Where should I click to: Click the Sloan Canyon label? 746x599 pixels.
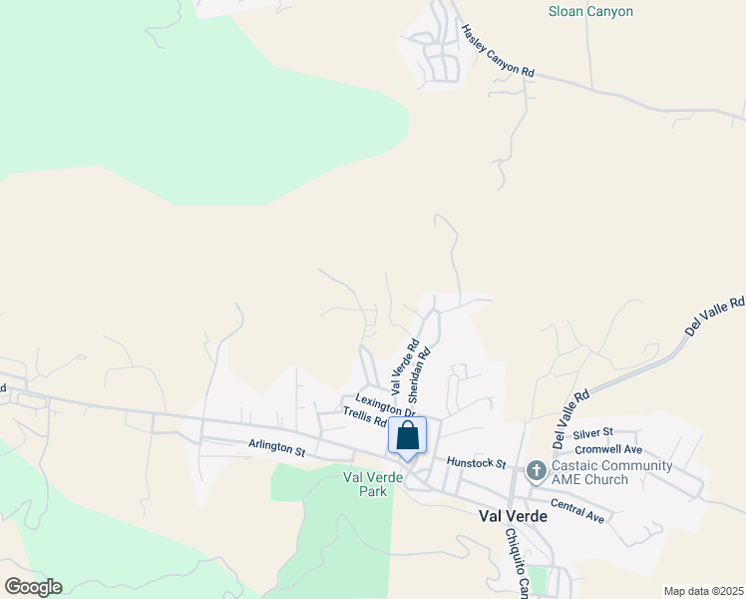click(x=591, y=12)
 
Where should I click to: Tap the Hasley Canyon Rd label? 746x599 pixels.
click(x=498, y=52)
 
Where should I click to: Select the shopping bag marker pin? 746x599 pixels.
click(x=407, y=436)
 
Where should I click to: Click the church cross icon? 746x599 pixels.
click(x=537, y=469)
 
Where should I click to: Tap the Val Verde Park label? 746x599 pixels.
click(x=364, y=484)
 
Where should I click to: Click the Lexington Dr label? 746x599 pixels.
click(x=384, y=404)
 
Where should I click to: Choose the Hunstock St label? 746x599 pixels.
click(x=477, y=463)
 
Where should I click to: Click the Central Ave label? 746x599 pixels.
click(x=577, y=510)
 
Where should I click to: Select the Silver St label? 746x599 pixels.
click(x=592, y=434)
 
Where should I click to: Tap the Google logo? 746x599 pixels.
click(x=33, y=586)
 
